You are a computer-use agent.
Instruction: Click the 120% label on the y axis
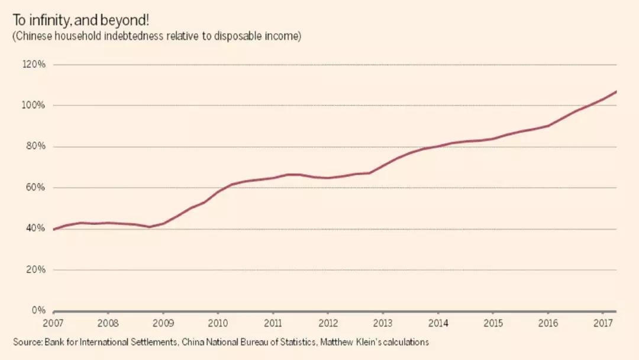click(34, 64)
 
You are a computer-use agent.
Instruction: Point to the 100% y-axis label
click(34, 105)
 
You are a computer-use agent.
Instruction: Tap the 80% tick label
click(35, 146)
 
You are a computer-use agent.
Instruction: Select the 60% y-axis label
click(35, 188)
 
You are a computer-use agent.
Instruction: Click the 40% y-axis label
click(35, 229)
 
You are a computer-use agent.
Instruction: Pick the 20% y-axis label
click(35, 269)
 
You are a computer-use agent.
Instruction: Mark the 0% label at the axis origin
click(38, 310)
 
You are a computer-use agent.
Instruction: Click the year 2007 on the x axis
click(53, 323)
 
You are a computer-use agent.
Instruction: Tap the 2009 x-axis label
click(163, 323)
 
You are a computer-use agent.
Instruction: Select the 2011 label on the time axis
click(273, 323)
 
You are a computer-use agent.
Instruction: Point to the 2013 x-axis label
click(383, 323)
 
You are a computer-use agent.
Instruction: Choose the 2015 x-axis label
click(492, 323)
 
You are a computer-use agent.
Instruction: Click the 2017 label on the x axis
click(602, 323)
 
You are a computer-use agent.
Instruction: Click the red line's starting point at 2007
click(54, 229)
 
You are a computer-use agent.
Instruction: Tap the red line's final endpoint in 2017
click(617, 91)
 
